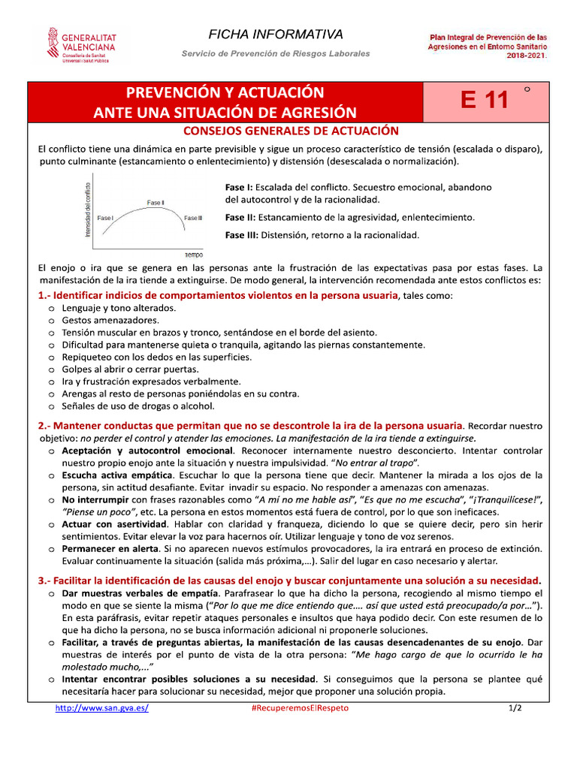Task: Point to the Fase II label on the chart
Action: pos(156,203)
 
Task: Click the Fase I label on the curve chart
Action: pos(105,219)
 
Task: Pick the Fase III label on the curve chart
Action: pos(193,219)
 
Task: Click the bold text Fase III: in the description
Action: pos(241,235)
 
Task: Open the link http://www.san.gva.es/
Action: pos(102,708)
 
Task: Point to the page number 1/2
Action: pos(515,708)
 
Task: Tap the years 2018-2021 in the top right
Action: pos(526,55)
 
